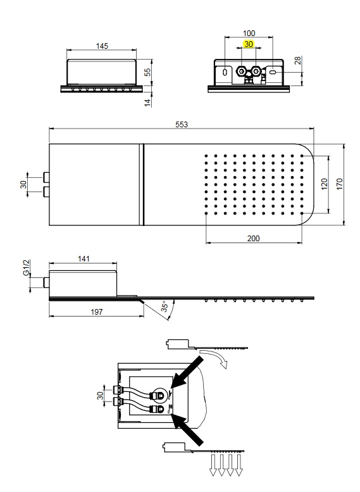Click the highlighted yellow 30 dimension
pyautogui.click(x=249, y=44)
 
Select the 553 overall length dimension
pyautogui.click(x=182, y=125)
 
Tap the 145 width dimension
pyautogui.click(x=102, y=46)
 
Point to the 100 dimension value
pyautogui.click(x=249, y=34)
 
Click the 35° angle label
pyautogui.click(x=166, y=306)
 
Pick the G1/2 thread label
pyautogui.click(x=27, y=267)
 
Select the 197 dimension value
pyautogui.click(x=97, y=312)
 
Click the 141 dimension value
pyautogui.click(x=84, y=259)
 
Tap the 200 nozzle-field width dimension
pyautogui.click(x=253, y=239)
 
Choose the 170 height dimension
pyautogui.click(x=340, y=184)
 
